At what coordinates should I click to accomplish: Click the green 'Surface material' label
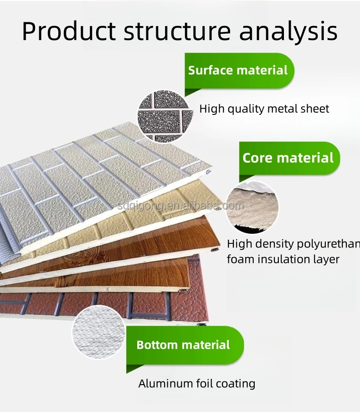click(238, 70)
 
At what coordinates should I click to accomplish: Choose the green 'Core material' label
click(288, 158)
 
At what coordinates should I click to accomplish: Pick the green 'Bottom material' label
click(183, 345)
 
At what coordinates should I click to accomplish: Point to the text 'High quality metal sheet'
click(264, 109)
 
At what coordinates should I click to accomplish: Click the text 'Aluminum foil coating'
click(196, 383)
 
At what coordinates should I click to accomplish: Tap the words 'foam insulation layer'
click(283, 259)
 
